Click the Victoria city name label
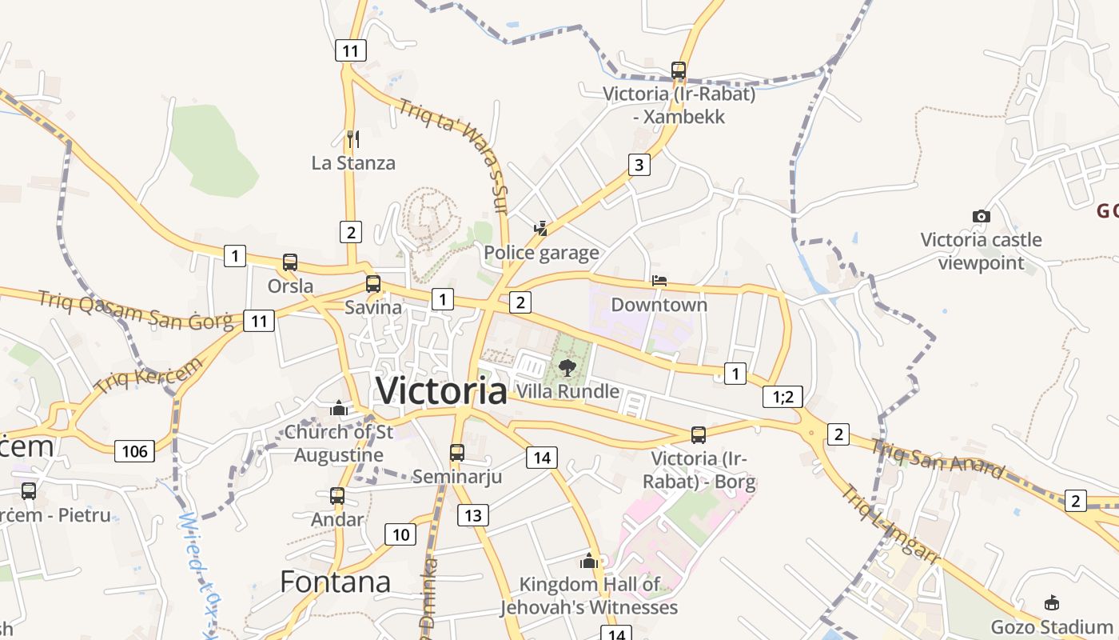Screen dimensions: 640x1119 click(x=441, y=390)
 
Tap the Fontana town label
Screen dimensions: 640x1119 click(x=336, y=582)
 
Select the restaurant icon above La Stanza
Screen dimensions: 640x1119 click(x=352, y=139)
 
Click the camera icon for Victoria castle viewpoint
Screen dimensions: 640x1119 click(x=981, y=216)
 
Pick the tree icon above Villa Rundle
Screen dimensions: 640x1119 click(x=567, y=368)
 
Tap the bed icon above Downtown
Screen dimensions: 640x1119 click(x=659, y=281)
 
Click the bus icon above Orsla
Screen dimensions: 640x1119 click(x=290, y=262)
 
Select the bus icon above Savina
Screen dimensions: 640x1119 click(x=373, y=283)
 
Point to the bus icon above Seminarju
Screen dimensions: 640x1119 click(x=457, y=453)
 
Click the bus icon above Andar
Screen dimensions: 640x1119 click(x=337, y=496)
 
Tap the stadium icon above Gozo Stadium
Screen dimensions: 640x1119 click(x=1052, y=603)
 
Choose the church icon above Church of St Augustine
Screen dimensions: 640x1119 click(x=340, y=409)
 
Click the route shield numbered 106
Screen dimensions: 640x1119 click(x=134, y=451)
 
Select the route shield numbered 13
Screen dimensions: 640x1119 click(x=472, y=514)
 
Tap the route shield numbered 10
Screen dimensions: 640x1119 click(x=400, y=534)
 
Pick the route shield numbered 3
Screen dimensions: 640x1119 click(x=639, y=165)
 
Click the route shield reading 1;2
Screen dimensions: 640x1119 click(x=783, y=396)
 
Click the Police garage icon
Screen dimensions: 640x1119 click(x=541, y=230)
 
